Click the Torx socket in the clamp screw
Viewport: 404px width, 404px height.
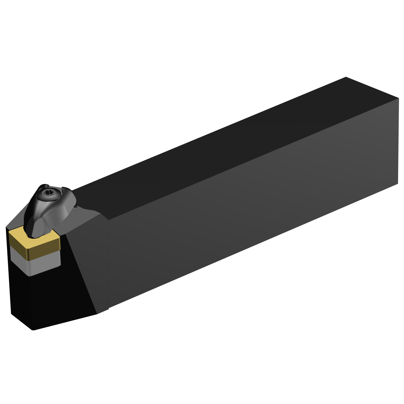pos(49,193)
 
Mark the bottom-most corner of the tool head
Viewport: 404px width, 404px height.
pos(33,330)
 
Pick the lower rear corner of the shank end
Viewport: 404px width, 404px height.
pos(398,184)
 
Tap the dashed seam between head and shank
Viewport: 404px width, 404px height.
pos(108,264)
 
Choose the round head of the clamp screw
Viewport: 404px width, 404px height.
pos(48,194)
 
